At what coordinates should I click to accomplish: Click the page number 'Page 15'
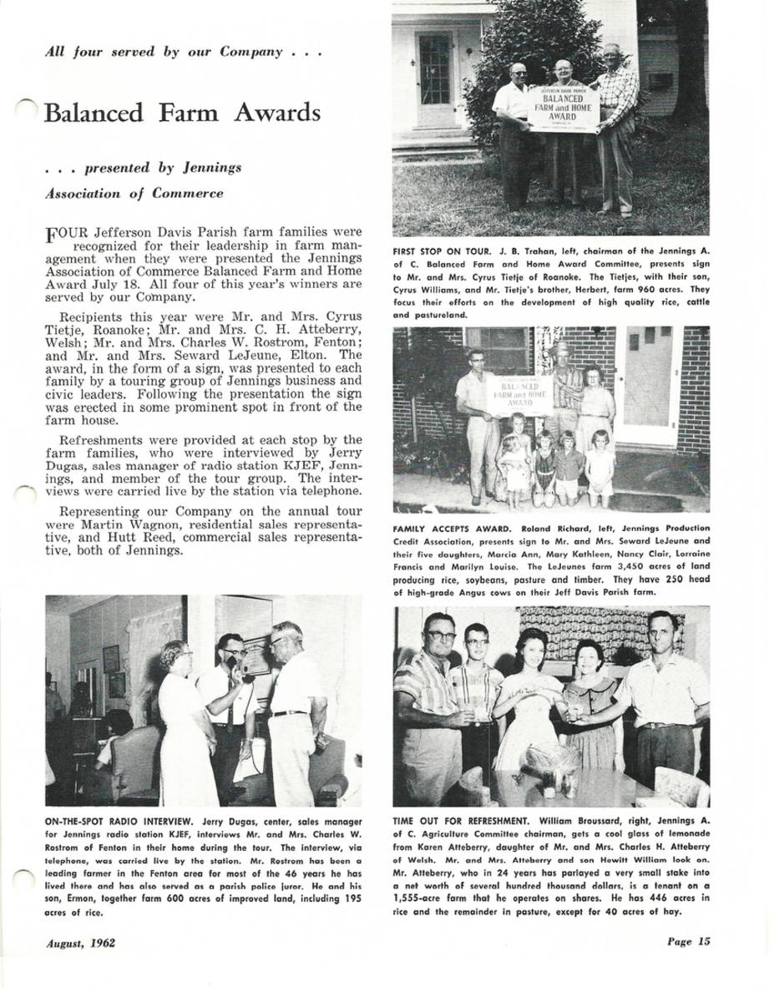coord(688,942)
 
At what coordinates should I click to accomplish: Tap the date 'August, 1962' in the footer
coord(81,944)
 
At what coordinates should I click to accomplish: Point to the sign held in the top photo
coord(564,109)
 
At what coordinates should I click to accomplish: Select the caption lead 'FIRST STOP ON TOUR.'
coord(443,250)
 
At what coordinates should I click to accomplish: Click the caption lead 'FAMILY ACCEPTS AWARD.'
coord(453,529)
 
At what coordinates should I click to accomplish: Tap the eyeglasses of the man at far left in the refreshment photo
coord(439,636)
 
